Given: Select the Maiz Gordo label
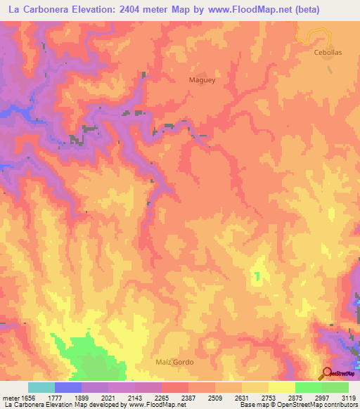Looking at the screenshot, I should [x=174, y=362].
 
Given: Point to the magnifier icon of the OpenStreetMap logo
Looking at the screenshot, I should [x=327, y=372].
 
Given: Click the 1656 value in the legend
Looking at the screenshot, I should [x=27, y=398].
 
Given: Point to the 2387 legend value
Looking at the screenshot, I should [x=187, y=398].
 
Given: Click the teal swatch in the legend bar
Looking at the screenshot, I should [x=41, y=387].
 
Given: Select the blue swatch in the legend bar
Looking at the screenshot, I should [x=68, y=387].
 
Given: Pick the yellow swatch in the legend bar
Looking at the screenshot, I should [x=282, y=387].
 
